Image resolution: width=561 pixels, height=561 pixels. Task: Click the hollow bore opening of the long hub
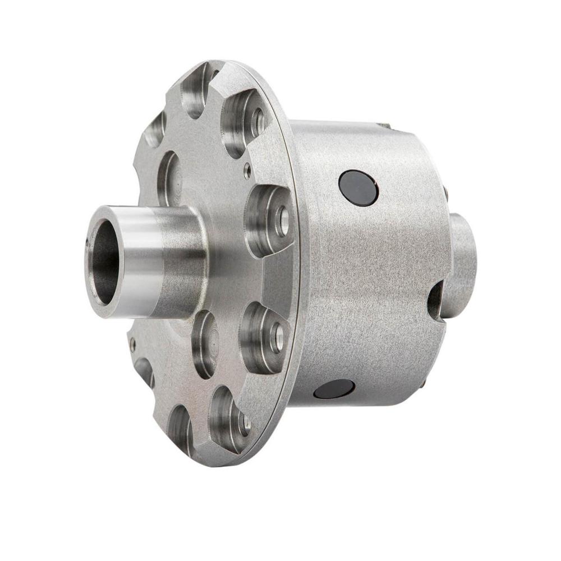tap(104, 261)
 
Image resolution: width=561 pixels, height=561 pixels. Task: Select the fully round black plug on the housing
tap(358, 187)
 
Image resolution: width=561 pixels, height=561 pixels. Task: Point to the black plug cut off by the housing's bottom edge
tap(334, 388)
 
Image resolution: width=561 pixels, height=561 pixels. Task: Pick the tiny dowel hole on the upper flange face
tap(247, 167)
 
